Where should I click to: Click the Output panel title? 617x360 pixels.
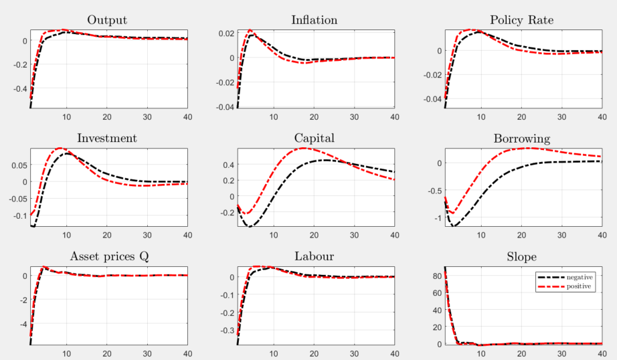click(107, 19)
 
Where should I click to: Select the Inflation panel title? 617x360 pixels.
click(314, 19)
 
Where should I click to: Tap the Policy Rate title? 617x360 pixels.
click(521, 20)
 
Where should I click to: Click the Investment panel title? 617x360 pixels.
click(107, 139)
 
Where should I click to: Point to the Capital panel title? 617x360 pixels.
click(314, 139)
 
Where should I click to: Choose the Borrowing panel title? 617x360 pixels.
click(521, 139)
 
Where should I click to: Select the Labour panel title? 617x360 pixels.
click(314, 257)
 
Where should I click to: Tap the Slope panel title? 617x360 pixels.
click(521, 257)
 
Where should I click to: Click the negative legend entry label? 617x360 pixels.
click(580, 276)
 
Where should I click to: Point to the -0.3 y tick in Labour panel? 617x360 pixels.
click(224, 330)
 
